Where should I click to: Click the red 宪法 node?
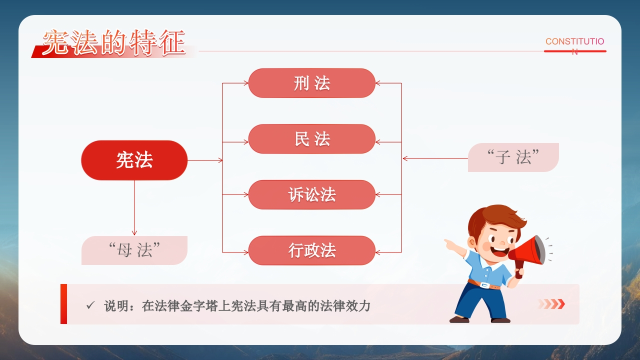[x=134, y=160]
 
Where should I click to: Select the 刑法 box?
[x=311, y=83]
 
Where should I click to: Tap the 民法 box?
[x=311, y=139]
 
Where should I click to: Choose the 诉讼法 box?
[x=311, y=194]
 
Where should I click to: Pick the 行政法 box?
[x=311, y=250]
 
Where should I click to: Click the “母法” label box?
[x=134, y=250]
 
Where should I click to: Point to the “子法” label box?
[x=513, y=157]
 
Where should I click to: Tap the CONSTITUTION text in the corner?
[x=575, y=45]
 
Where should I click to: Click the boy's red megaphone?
[x=528, y=253]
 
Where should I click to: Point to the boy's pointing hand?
[x=451, y=245]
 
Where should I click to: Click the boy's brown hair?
[x=495, y=220]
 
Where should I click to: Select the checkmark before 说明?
[x=90, y=305]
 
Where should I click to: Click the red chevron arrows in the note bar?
[x=551, y=304]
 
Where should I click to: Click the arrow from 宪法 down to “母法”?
[x=134, y=207]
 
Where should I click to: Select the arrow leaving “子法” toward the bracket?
[x=435, y=158]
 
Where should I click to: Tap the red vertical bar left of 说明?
[x=63, y=304]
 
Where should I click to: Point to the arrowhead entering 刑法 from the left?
[x=245, y=83]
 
